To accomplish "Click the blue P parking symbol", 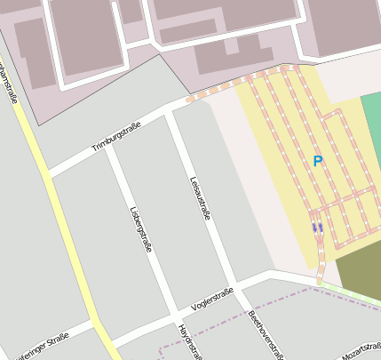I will coord(318,161).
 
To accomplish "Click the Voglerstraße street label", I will coord(212,298).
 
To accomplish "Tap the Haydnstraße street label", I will coord(187,342).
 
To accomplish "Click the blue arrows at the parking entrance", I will coord(317,228).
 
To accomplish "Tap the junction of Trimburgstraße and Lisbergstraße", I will coord(107,148).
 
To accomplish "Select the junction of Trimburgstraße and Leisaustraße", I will coord(170,113).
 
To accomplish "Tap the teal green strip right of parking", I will coord(373,133).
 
